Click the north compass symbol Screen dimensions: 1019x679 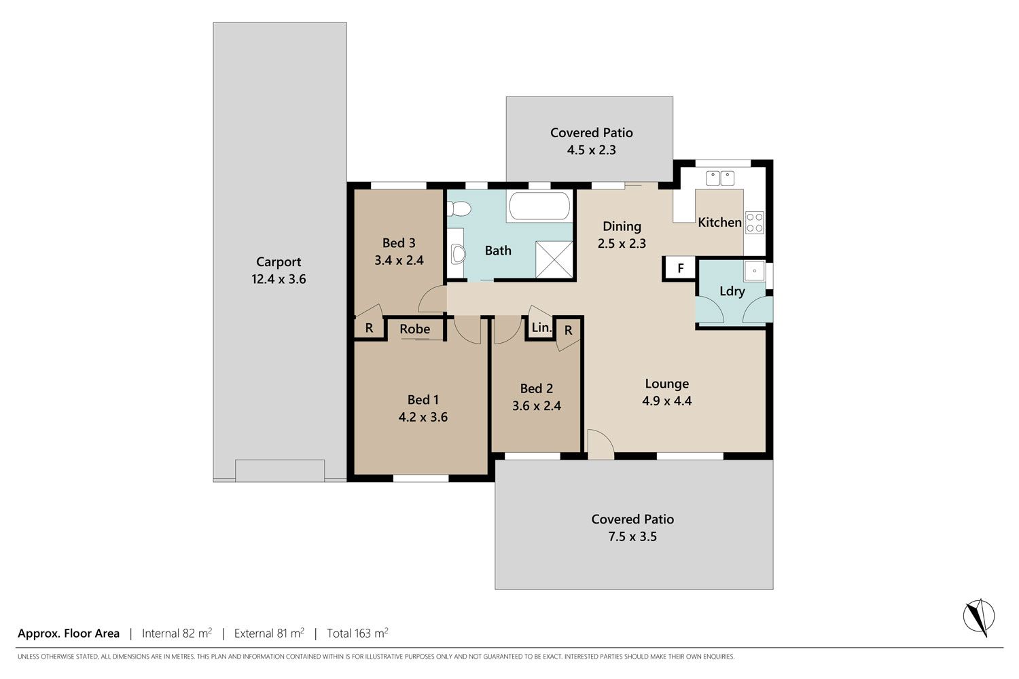[978, 617]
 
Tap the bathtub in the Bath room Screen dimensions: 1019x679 [539, 206]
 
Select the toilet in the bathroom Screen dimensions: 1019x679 [459, 209]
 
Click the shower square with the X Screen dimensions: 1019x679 [554, 259]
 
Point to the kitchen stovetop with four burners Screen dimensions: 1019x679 [754, 223]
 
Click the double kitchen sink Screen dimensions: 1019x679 [720, 179]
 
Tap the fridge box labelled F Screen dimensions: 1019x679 [680, 268]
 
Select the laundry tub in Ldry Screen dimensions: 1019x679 [755, 271]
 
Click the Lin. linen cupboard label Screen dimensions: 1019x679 [541, 327]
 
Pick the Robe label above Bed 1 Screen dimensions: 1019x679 [415, 329]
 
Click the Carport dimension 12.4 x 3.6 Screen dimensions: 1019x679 [279, 279]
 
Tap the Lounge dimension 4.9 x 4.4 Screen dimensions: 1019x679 [667, 401]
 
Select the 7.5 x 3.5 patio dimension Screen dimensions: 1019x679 [632, 536]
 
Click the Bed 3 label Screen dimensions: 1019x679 [399, 243]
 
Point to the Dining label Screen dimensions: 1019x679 [622, 227]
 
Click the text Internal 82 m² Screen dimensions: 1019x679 [177, 633]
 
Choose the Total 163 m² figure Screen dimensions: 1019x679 [357, 633]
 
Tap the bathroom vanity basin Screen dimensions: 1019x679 [458, 255]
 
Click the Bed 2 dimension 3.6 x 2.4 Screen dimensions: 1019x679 [537, 405]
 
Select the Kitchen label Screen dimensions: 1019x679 [719, 223]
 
